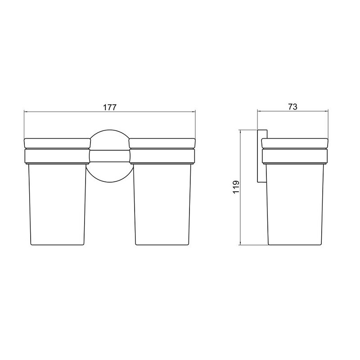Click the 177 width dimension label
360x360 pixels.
tap(109, 107)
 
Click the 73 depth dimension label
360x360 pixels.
tap(293, 107)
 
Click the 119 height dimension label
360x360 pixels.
tap(236, 187)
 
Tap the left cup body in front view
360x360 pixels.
tap(57, 204)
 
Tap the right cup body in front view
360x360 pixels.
tap(162, 204)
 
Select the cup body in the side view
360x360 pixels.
tap(295, 204)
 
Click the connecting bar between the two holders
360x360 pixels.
tap(110, 156)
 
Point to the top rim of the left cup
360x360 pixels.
tap(58, 143)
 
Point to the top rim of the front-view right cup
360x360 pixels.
tap(162, 143)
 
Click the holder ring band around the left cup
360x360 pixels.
tap(58, 156)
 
